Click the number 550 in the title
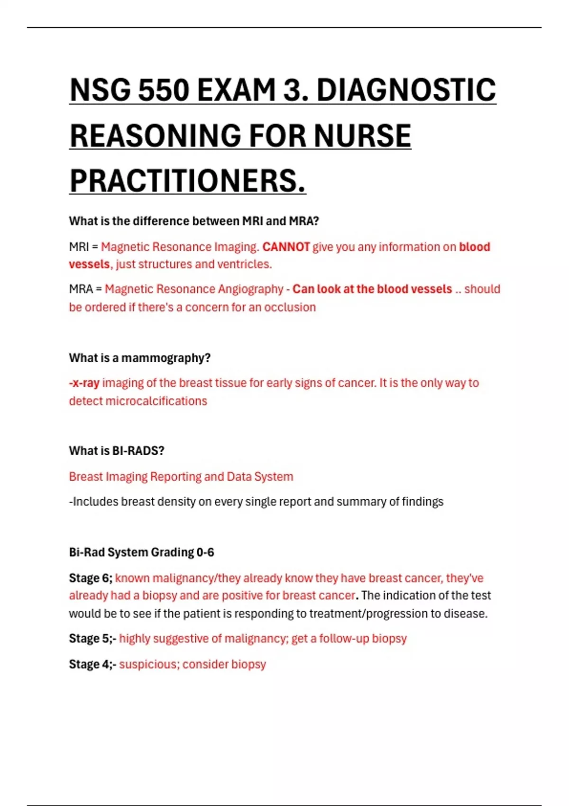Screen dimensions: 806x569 (163, 90)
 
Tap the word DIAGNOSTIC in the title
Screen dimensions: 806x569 (406, 90)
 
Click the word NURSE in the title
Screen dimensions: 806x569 (362, 136)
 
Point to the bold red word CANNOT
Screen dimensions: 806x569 (286, 247)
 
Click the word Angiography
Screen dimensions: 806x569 (249, 289)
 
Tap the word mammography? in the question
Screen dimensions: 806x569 (166, 358)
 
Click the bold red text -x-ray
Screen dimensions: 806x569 (84, 383)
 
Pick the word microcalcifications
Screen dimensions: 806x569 (156, 401)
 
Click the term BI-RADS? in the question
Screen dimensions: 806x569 (138, 451)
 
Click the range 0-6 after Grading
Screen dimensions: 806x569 (205, 552)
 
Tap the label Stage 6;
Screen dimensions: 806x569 (91, 578)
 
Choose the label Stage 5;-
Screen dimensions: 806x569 (92, 639)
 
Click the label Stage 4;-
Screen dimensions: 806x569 (92, 664)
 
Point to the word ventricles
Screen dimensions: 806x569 (244, 264)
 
